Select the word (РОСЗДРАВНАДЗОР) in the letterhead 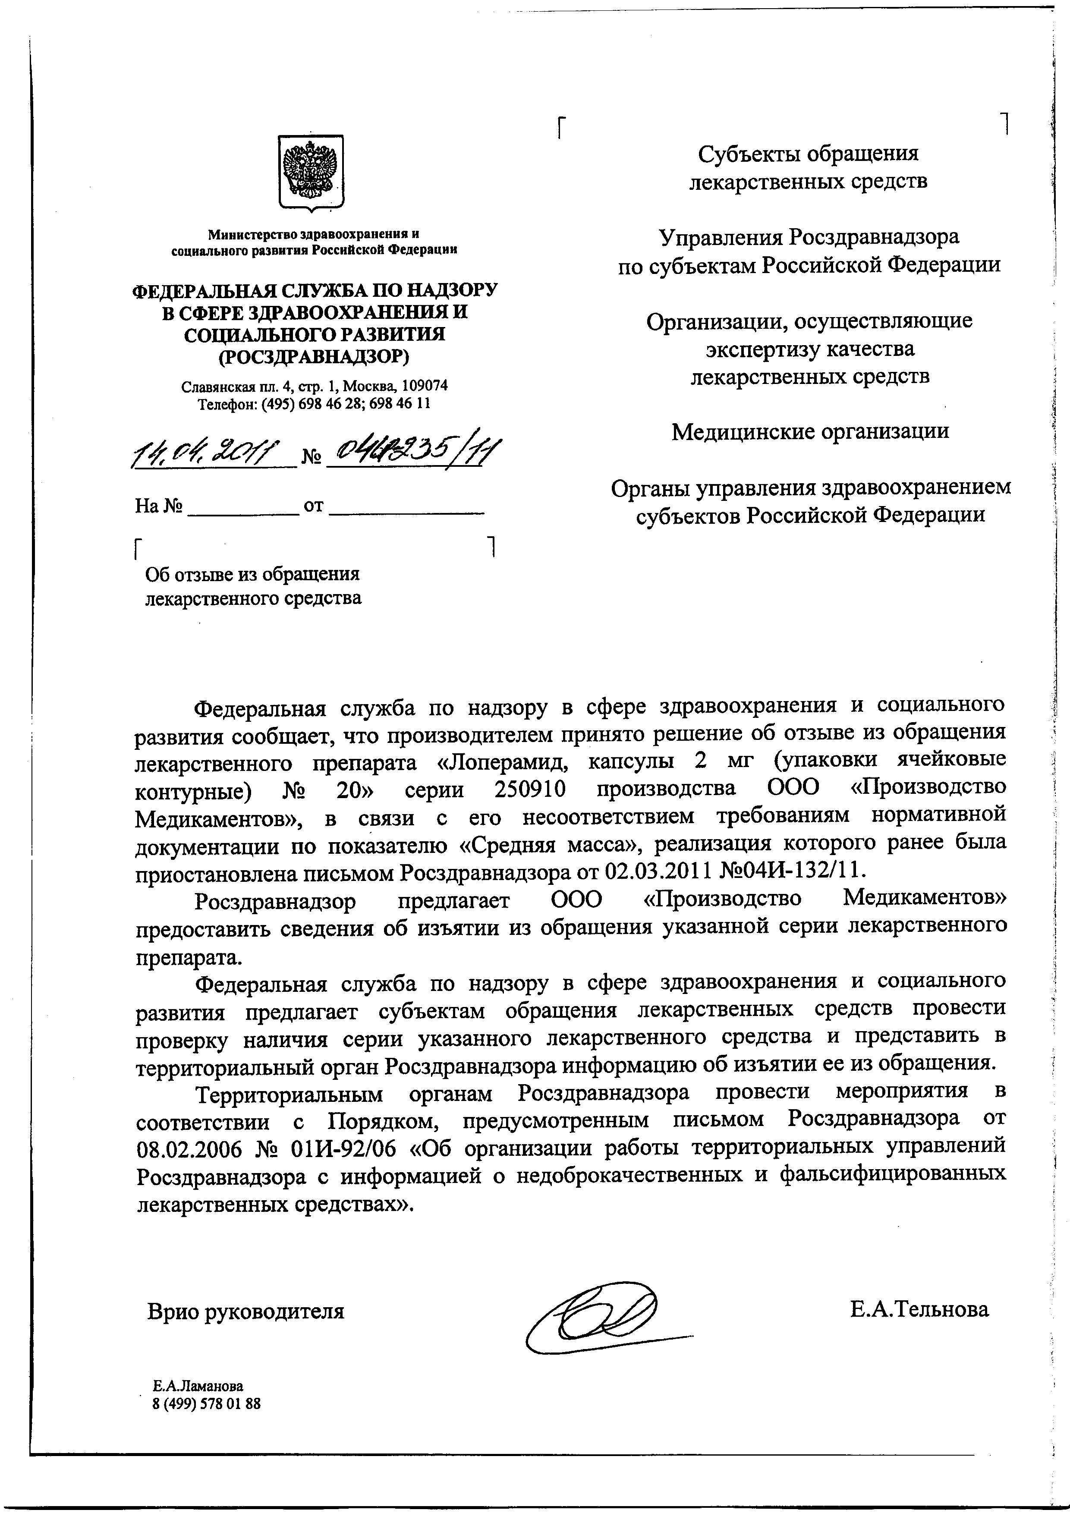coord(314,356)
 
